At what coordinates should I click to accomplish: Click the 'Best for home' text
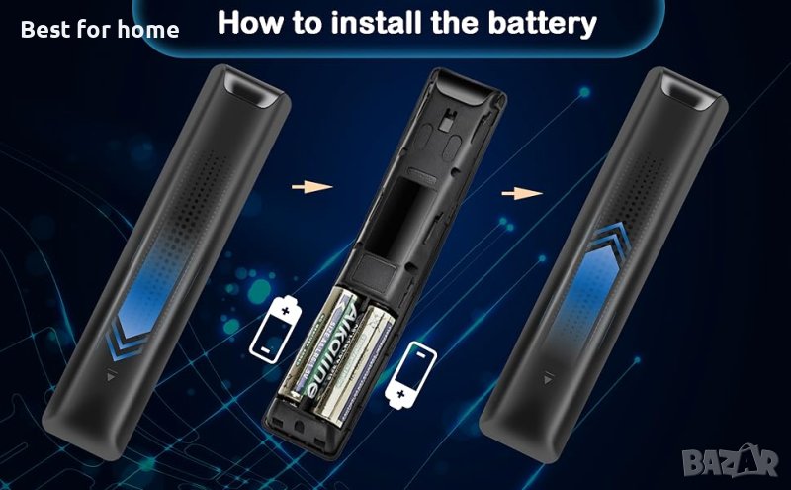(x=100, y=30)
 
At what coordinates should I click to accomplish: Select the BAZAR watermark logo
(x=731, y=460)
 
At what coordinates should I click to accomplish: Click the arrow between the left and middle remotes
(x=311, y=187)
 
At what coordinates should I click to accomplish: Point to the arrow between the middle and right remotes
(x=522, y=193)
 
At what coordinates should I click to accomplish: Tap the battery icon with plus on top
(x=276, y=330)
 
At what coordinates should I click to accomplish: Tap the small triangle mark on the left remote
(x=112, y=375)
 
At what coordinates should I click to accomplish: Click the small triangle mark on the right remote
(x=548, y=378)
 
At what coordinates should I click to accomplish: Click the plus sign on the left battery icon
(x=286, y=310)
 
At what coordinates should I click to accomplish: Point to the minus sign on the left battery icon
(x=264, y=348)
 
